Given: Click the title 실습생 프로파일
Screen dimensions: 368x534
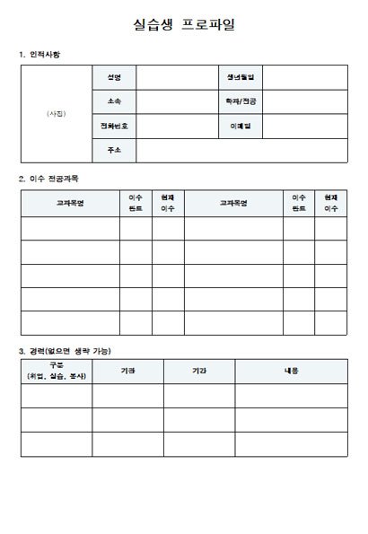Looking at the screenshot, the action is click(x=183, y=24).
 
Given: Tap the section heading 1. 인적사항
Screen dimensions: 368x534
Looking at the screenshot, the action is click(x=40, y=55).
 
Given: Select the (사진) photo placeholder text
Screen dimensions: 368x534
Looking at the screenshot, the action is click(x=56, y=114).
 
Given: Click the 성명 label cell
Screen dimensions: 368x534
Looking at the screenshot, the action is click(x=114, y=77).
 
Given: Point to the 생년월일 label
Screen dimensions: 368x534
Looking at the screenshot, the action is click(x=241, y=77).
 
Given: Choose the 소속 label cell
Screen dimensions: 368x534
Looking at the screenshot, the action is click(x=114, y=101).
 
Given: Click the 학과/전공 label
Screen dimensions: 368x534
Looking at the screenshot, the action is click(x=241, y=101).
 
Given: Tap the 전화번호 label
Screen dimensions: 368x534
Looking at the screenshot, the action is click(x=114, y=126).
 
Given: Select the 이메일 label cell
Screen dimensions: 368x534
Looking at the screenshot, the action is click(x=241, y=126).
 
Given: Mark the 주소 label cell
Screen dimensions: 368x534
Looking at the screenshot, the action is click(x=114, y=150).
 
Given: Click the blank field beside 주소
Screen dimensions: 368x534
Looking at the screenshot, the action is click(x=241, y=150).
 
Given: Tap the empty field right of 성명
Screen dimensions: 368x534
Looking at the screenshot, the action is click(x=177, y=77).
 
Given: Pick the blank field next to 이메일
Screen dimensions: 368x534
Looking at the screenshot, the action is click(x=304, y=126).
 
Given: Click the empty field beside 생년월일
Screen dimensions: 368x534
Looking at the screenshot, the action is click(x=304, y=77).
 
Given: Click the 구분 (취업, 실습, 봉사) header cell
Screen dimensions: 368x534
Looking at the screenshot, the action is click(x=57, y=371).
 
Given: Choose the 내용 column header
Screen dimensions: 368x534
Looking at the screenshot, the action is click(x=291, y=371).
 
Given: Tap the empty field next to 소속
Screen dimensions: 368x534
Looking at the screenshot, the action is click(x=177, y=101).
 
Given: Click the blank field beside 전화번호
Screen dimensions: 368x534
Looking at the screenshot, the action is click(x=177, y=126).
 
